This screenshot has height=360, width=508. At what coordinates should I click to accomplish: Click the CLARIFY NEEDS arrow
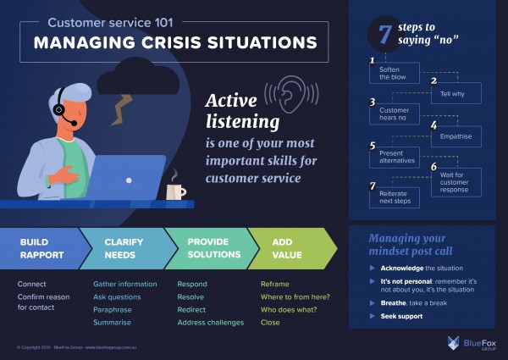[123, 247]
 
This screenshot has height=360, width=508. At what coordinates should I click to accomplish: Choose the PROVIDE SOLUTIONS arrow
[207, 247]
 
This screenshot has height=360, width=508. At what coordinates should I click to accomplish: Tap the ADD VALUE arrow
[288, 247]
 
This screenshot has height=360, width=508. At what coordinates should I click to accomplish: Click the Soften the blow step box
[392, 74]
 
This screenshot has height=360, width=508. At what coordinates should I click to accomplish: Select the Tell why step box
[456, 93]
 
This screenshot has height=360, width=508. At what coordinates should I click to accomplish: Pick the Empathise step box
[456, 136]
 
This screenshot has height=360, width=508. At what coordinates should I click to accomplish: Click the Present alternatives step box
[392, 156]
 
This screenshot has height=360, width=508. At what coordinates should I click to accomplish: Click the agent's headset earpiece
[58, 110]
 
